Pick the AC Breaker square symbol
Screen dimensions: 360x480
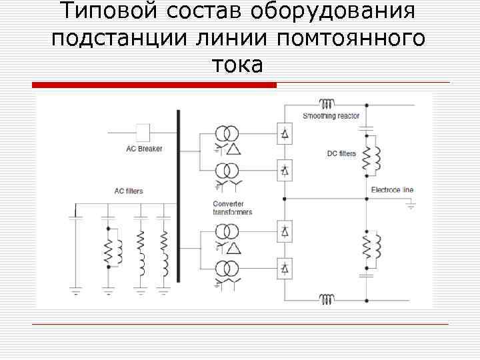coord(142,131)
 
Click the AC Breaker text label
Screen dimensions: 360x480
coord(144,149)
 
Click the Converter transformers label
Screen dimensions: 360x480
coord(232,208)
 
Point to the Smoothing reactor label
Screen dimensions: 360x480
coord(331,117)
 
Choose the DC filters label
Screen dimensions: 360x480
coord(341,154)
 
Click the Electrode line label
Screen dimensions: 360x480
coord(392,190)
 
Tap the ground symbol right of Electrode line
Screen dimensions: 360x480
coord(410,206)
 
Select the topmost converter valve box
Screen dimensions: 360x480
coord(285,133)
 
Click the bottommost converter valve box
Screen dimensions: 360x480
coord(285,269)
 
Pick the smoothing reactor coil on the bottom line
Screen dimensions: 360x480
coord(327,299)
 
